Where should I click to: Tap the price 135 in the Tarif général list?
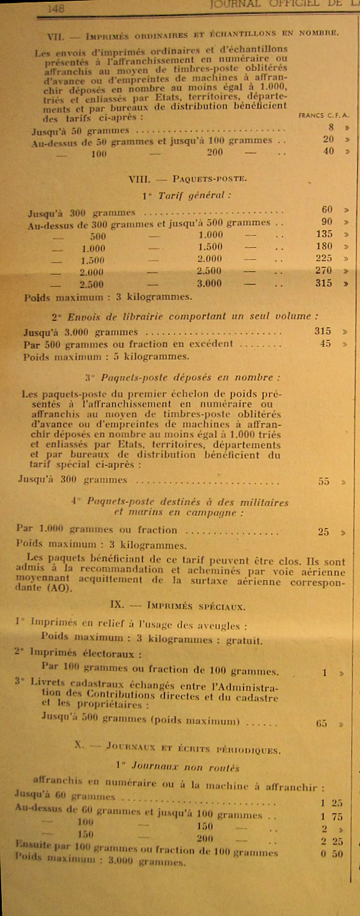coord(323,235)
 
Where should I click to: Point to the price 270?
coord(323,271)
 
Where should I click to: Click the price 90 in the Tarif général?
coord(326,222)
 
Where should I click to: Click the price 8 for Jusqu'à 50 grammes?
coord(330,127)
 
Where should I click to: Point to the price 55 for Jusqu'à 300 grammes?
coord(325,481)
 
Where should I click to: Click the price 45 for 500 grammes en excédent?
coord(325,344)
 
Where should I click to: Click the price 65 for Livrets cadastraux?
coord(322,723)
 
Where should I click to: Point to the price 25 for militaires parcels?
coord(324,531)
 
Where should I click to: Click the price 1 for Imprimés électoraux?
coord(325,673)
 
